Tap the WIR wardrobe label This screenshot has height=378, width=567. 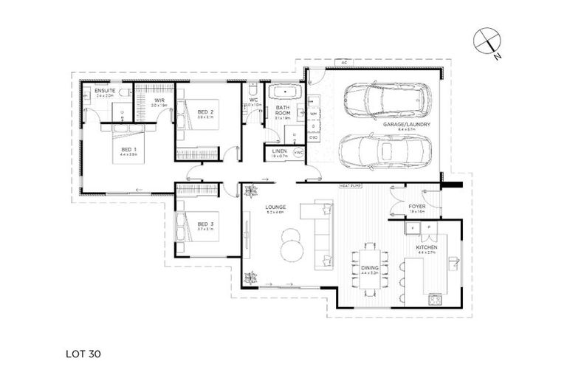coord(159,100)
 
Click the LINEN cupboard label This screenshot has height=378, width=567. coord(279,151)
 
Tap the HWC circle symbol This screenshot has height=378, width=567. coord(298,152)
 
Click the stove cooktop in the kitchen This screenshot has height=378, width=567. coord(435,300)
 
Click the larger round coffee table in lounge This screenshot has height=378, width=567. coord(290,241)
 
